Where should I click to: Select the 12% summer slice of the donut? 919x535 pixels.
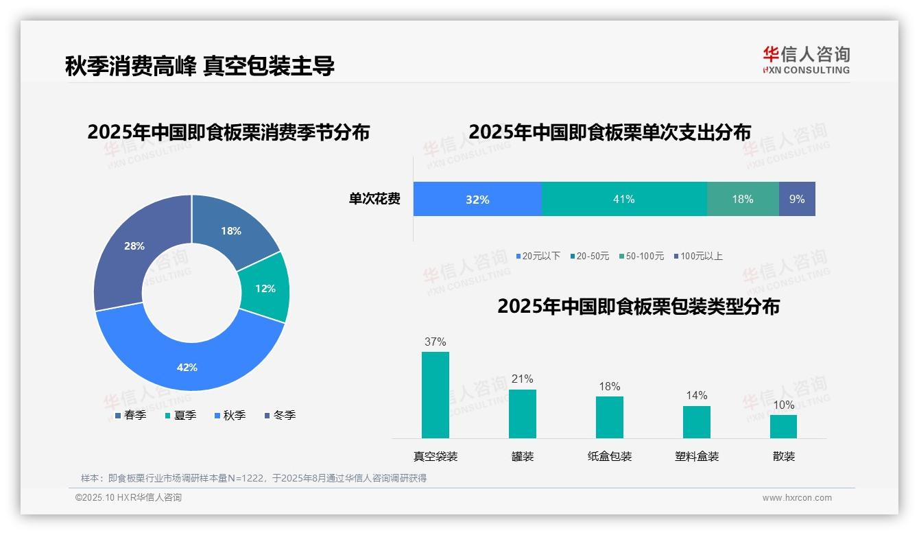coord(265,288)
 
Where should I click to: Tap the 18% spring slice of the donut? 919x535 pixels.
coord(230,230)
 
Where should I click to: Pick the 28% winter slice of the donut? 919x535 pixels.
coord(134,246)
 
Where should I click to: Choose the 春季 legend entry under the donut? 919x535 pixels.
coord(130,415)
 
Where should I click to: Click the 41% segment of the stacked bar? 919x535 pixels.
coord(623,199)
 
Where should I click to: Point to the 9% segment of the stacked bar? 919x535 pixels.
coord(797,199)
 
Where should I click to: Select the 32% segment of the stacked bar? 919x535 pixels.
coord(477,199)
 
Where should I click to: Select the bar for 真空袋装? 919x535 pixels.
coord(435,394)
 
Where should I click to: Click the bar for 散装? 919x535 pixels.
coord(783,426)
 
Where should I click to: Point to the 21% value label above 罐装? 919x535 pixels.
coord(522,379)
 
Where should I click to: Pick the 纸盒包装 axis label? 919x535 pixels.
coord(610,456)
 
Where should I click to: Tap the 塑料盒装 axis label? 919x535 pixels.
coord(697,456)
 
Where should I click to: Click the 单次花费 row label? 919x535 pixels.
coord(374,200)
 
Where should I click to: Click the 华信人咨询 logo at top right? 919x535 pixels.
coord(806,60)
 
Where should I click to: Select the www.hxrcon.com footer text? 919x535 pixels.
coord(797,498)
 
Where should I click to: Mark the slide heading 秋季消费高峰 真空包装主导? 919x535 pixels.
coord(200,66)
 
